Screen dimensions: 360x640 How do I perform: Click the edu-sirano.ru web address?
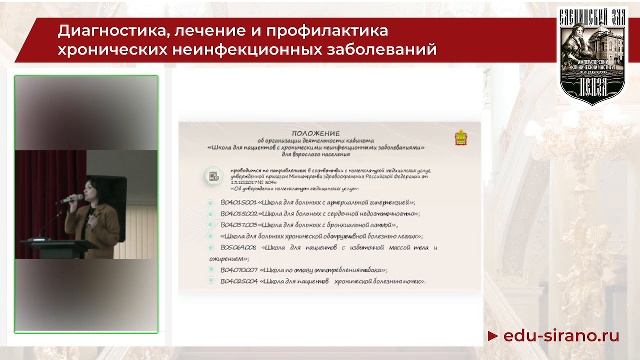click(565, 335)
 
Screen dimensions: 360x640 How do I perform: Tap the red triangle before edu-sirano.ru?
click(492, 336)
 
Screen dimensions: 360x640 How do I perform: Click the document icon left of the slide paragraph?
click(214, 176)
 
